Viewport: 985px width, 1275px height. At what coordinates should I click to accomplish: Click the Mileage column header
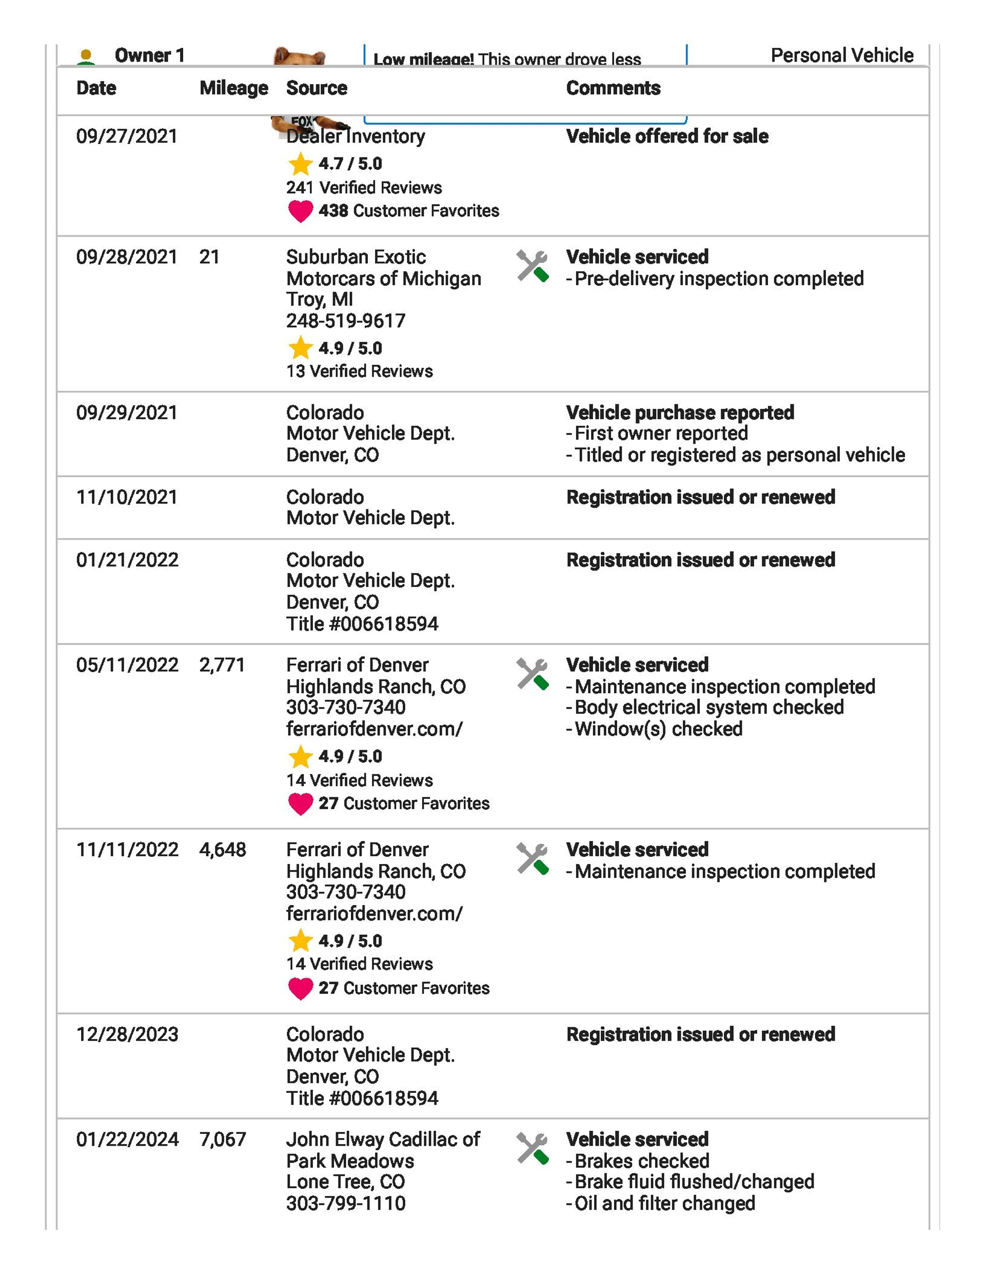pyautogui.click(x=233, y=88)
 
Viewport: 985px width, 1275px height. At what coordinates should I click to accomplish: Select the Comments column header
pyautogui.click(x=613, y=88)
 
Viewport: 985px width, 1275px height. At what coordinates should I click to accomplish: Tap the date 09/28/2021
pyautogui.click(x=127, y=257)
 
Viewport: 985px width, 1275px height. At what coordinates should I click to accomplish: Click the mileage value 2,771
pyautogui.click(x=222, y=665)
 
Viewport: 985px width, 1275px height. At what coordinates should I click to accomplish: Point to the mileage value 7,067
pyautogui.click(x=223, y=1139)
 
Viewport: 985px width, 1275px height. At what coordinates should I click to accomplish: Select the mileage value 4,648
pyautogui.click(x=223, y=850)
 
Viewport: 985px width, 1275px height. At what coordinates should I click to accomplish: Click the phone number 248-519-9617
pyautogui.click(x=346, y=321)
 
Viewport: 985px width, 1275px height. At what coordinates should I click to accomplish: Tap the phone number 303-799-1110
pyautogui.click(x=346, y=1203)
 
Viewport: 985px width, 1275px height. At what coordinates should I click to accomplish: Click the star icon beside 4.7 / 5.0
pyautogui.click(x=300, y=164)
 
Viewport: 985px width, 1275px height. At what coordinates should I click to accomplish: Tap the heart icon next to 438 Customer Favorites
pyautogui.click(x=300, y=211)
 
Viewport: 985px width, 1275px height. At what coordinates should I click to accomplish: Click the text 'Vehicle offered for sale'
pyautogui.click(x=667, y=136)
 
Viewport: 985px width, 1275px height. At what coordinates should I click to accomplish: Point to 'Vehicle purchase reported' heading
pyautogui.click(x=680, y=413)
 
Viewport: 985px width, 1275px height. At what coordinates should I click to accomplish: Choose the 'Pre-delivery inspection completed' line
pyautogui.click(x=718, y=279)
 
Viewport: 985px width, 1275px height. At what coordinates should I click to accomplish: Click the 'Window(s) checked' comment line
pyautogui.click(x=658, y=729)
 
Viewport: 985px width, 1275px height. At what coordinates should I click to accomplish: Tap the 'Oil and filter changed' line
pyautogui.click(x=664, y=1203)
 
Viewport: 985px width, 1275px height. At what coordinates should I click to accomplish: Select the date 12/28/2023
pyautogui.click(x=127, y=1034)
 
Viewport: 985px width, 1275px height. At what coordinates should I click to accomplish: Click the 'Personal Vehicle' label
pyautogui.click(x=842, y=55)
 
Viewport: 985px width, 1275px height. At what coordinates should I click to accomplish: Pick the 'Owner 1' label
pyautogui.click(x=149, y=55)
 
